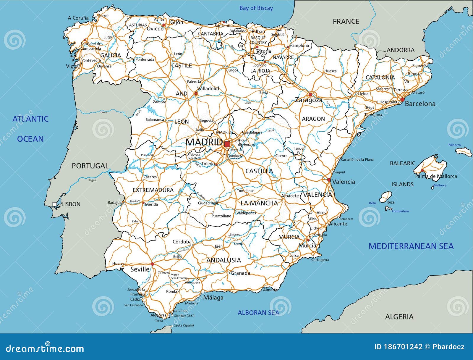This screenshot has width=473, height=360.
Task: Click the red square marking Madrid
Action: pyautogui.click(x=227, y=144)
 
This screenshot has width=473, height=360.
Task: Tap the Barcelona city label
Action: pyautogui.click(x=420, y=104)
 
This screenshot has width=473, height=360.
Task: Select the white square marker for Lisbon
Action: pyautogui.click(x=55, y=204)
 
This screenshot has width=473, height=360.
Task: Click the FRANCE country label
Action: pyautogui.click(x=346, y=22)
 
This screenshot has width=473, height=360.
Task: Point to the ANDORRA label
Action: pyautogui.click(x=401, y=50)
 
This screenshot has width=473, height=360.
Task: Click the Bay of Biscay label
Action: pyautogui.click(x=256, y=8)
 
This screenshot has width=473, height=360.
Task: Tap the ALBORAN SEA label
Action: pyautogui.click(x=258, y=313)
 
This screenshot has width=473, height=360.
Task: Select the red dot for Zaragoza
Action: pyautogui.click(x=310, y=95)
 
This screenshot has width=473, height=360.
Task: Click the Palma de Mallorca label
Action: pyautogui.click(x=436, y=176)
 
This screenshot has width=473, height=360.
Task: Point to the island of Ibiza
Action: pyautogui.click(x=385, y=196)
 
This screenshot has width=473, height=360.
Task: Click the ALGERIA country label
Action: pyautogui.click(x=399, y=317)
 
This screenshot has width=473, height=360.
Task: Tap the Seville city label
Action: pyautogui.click(x=140, y=269)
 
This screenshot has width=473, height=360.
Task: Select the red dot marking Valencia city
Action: pyautogui.click(x=329, y=180)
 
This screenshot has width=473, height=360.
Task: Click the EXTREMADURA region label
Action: pyautogui.click(x=153, y=190)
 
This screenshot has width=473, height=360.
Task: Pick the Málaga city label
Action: pyautogui.click(x=213, y=298)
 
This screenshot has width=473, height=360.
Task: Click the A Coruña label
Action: pyautogui.click(x=78, y=18)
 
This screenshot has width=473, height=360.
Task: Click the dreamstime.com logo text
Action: pyautogui.click(x=45, y=348)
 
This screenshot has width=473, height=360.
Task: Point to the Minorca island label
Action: pyautogui.click(x=454, y=145)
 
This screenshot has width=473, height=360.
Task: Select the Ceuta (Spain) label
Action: pyautogui.click(x=183, y=325)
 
